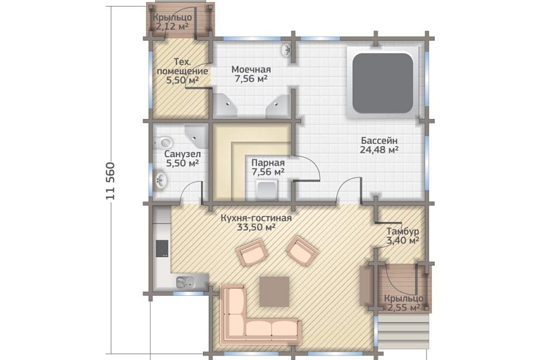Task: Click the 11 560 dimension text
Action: (x=110, y=181)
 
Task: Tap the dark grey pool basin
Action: (x=383, y=83)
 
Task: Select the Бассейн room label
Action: (x=379, y=141)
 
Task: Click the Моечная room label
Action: (x=251, y=69)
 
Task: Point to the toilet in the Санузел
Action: (x=164, y=141)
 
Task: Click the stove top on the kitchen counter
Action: (x=162, y=248)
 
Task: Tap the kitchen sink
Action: (x=185, y=282)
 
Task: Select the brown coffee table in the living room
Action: (x=274, y=291)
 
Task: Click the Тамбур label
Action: (x=403, y=231)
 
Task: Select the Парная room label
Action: (x=268, y=162)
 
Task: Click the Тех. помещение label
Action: (x=182, y=67)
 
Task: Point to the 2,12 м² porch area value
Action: (x=172, y=26)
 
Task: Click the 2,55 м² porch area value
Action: (x=404, y=307)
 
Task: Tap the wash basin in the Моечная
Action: (x=287, y=50)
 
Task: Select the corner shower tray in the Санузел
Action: (x=196, y=136)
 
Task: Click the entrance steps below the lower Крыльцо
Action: (x=404, y=331)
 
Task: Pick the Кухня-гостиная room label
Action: (x=256, y=218)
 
